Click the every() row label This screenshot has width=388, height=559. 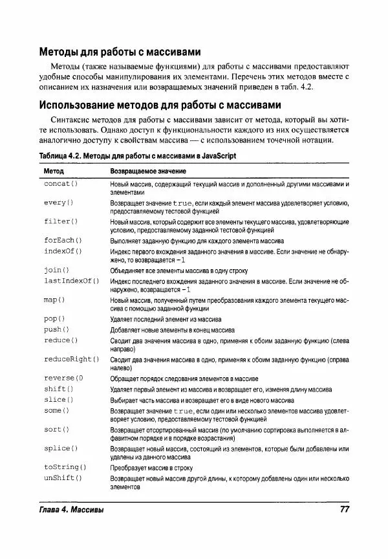coord(59,203)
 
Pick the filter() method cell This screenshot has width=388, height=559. coord(61,221)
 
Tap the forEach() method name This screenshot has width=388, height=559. coord(63,240)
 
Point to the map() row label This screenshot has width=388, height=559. coord(54,300)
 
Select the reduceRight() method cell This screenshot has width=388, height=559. coord(71,358)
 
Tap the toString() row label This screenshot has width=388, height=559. coord(65,466)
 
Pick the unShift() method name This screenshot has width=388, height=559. coord(63,477)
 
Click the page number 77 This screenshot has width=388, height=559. coord(344,510)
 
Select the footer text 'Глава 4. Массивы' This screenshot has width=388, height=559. coord(71,510)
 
